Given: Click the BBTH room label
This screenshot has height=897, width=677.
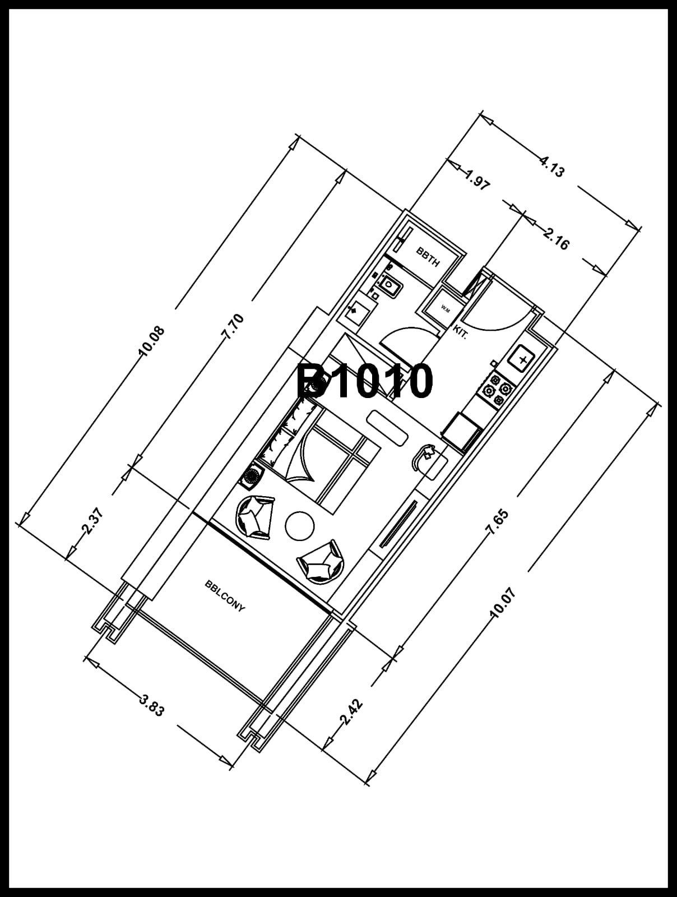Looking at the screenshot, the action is tap(428, 257).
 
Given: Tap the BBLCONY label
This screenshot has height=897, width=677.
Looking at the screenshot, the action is tap(225, 597).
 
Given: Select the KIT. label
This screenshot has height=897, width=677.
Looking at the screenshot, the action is tap(460, 332).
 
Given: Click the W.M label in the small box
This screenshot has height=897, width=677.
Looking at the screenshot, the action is tap(446, 309).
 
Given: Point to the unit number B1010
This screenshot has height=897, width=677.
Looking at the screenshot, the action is tap(364, 381).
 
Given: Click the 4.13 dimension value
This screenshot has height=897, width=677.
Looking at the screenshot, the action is tap(551, 167).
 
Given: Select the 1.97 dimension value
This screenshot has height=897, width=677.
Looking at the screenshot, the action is tap(477, 179).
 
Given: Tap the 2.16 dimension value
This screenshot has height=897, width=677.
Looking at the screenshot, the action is tap(556, 238).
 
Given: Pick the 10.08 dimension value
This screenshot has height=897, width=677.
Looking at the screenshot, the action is tap(152, 341).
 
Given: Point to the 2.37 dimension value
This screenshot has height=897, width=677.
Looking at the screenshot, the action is tap(93, 521).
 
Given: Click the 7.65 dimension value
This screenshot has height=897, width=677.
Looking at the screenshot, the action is tap(497, 522).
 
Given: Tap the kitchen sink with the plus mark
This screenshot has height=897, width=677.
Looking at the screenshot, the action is tap(522, 359).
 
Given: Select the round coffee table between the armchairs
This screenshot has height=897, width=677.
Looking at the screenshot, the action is tap(300, 526).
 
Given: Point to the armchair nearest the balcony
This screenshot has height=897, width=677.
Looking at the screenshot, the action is tap(321, 562).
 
